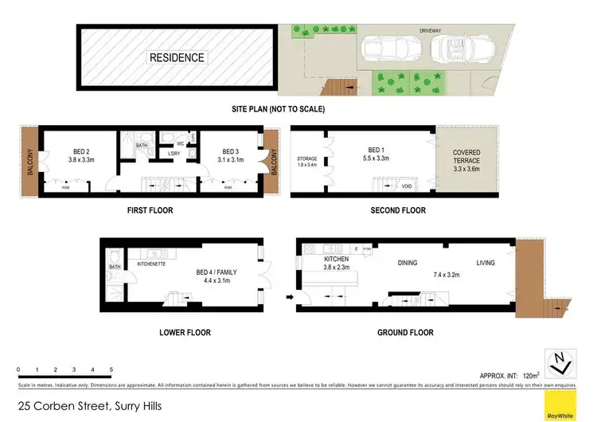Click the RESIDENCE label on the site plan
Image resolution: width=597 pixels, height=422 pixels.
pos(177,57)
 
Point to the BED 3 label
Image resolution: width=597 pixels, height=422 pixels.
pos(231,152)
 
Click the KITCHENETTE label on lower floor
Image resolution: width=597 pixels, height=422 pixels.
pos(151,264)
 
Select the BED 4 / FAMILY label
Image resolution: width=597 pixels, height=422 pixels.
pos(217,272)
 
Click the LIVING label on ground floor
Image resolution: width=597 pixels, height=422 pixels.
pos(485,262)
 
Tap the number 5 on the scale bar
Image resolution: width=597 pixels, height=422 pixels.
pos(111,370)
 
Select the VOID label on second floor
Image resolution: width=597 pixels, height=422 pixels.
pos(406,186)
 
